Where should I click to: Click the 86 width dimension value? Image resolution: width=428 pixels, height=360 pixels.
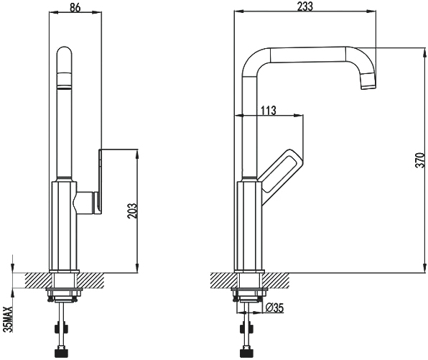[75, 7]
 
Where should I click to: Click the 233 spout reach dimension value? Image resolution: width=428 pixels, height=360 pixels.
[305, 6]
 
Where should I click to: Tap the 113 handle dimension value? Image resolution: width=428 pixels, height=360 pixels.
[269, 111]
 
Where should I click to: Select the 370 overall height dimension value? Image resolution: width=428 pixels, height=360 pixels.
[421, 160]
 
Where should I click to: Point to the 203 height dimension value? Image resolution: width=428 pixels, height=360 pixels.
[132, 211]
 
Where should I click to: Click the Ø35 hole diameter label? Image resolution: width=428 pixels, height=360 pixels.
[274, 308]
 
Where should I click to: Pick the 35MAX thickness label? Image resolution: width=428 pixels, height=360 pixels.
[9, 319]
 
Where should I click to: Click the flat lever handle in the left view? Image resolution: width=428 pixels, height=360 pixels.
[100, 181]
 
